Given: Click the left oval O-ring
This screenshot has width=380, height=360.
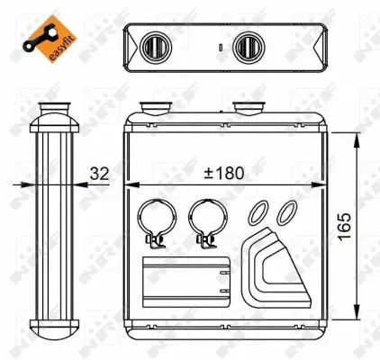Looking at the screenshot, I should pyautogui.click(x=259, y=213).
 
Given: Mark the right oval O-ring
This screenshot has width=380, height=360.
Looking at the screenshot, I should pyautogui.click(x=286, y=213).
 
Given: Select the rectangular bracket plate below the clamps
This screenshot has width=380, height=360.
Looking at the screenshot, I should pyautogui.click(x=186, y=279).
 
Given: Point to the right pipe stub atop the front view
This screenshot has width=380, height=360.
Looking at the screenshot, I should pyautogui.click(x=248, y=110).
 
